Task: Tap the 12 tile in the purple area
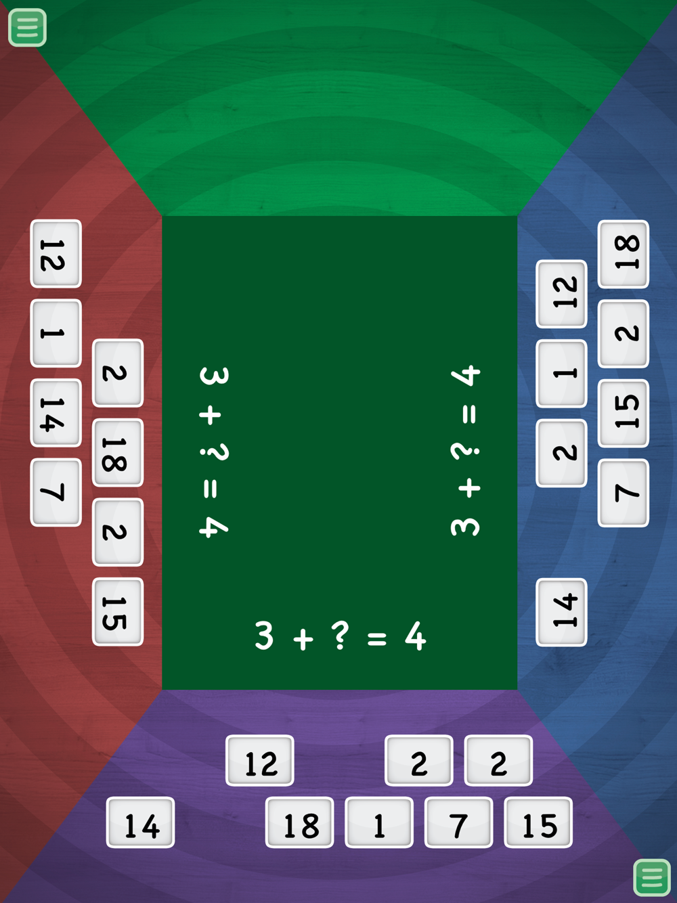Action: click(260, 761)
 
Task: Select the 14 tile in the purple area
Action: click(141, 823)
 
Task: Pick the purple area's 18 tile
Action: click(300, 823)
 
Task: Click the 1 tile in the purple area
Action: click(379, 823)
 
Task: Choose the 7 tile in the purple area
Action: click(458, 823)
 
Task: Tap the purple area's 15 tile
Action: click(538, 823)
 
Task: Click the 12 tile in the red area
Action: click(56, 254)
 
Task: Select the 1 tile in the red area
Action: click(56, 333)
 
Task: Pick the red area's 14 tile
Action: click(56, 413)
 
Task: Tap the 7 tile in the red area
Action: click(56, 492)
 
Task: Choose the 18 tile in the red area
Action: click(118, 453)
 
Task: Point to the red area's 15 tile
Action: click(118, 612)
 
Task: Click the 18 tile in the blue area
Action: click(624, 254)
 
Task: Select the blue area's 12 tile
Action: click(562, 294)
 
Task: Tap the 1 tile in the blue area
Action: click(562, 373)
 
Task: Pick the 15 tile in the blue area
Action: click(624, 413)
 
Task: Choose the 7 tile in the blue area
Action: click(624, 493)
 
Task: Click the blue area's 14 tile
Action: click(562, 612)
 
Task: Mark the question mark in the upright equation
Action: click(341, 635)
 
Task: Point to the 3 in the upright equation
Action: click(264, 636)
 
